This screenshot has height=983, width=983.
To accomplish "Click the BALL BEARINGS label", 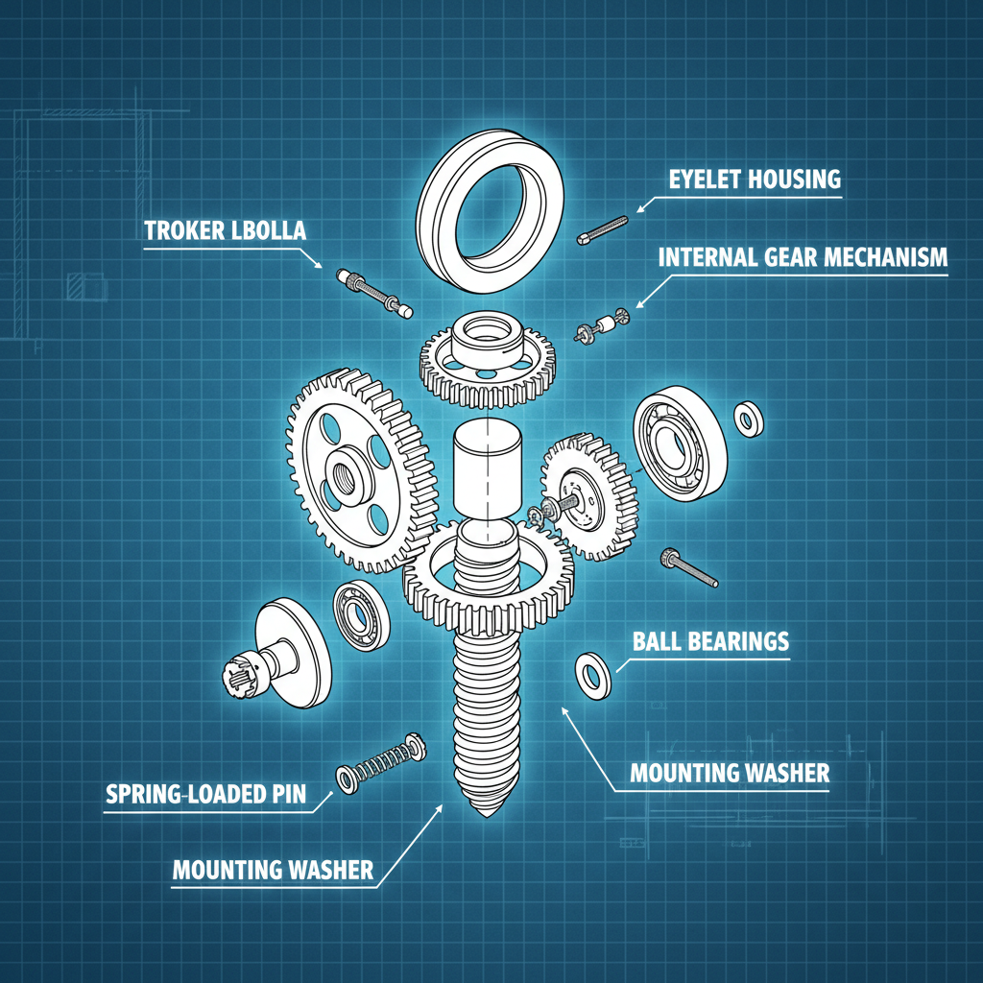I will coord(710,640).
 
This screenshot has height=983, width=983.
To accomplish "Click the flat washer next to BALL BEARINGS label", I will coord(592,674).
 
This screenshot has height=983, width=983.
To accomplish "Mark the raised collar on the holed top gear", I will coord(488,333).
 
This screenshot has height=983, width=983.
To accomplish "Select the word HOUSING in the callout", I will coord(798,179).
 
